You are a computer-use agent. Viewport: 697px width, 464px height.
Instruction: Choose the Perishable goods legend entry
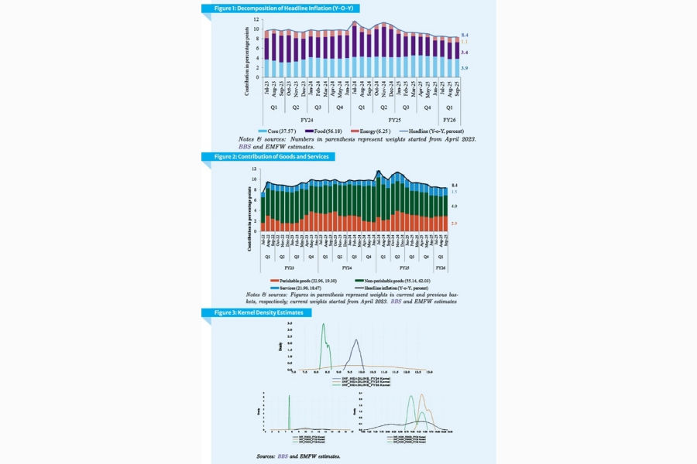(x=298, y=279)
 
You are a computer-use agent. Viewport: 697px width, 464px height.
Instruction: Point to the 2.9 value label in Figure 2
(x=455, y=223)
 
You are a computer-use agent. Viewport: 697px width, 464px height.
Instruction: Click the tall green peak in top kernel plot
(x=324, y=326)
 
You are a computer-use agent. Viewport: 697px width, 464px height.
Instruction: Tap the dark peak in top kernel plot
(x=355, y=341)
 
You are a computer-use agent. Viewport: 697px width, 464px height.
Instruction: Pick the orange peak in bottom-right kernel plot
(x=422, y=396)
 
